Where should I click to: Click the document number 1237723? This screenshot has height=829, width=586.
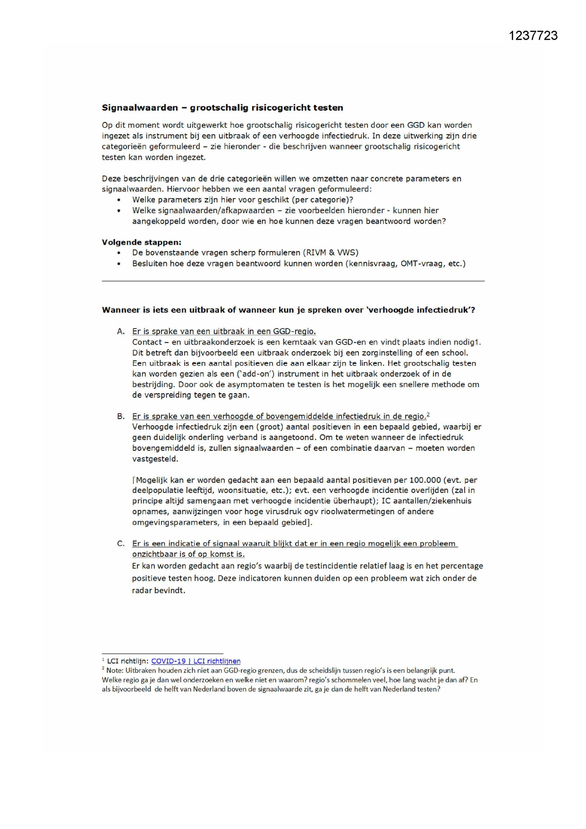pyautogui.click(x=533, y=36)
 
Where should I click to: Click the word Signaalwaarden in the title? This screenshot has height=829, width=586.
pyautogui.click(x=140, y=108)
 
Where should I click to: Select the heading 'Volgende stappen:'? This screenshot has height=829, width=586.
pyautogui.click(x=141, y=242)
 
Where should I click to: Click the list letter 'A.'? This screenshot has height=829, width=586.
pyautogui.click(x=121, y=331)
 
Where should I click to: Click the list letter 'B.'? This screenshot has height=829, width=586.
pyautogui.click(x=121, y=416)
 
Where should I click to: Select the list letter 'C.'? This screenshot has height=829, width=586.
pyautogui.click(x=121, y=544)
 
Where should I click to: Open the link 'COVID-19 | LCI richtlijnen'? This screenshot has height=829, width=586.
pyautogui.click(x=195, y=661)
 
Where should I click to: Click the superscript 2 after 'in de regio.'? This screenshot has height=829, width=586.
pyautogui.click(x=428, y=414)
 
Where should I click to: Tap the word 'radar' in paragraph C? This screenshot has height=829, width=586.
pyautogui.click(x=142, y=590)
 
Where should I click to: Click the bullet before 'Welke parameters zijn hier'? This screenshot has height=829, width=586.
pyautogui.click(x=119, y=200)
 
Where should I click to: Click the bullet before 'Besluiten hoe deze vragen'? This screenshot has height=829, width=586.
pyautogui.click(x=119, y=264)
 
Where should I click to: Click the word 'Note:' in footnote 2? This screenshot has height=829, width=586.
pyautogui.click(x=115, y=671)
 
